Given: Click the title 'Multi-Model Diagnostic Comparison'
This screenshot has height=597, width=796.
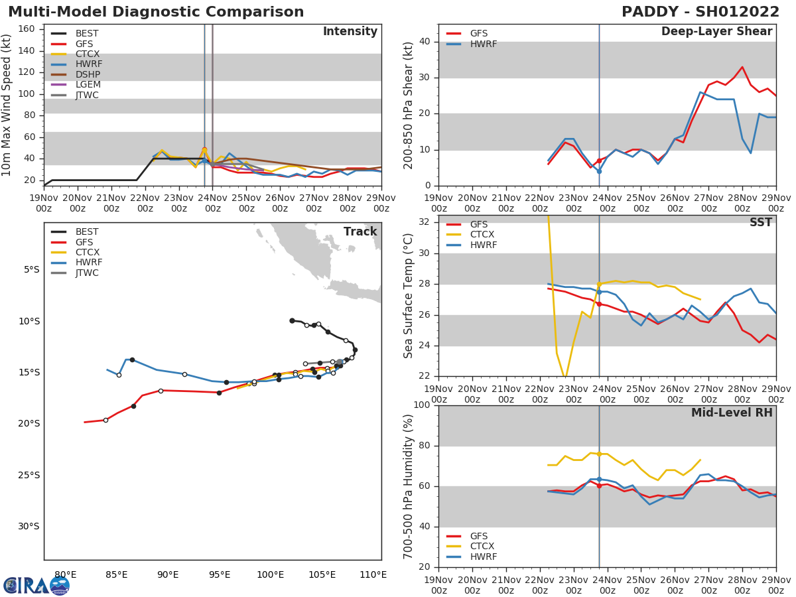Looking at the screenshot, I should coord(156,12).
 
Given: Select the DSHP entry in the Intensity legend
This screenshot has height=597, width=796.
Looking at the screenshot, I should coord(88,74).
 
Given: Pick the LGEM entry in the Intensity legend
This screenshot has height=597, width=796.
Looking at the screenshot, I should coord(88,85).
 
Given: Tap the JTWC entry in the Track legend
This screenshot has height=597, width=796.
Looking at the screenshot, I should coord(87,273).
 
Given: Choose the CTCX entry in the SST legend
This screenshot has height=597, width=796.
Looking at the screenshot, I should coord(482,235).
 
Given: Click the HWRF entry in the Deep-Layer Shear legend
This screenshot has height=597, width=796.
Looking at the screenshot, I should coord(483,44).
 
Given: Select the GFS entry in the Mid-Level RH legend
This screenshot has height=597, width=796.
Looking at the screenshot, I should coord(478,536).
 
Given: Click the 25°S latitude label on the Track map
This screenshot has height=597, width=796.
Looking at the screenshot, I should coord(29,475).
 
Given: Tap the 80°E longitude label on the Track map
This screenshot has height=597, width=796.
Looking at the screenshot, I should coord(65,574).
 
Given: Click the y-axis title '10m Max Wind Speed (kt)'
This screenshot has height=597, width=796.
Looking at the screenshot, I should coord(7,105).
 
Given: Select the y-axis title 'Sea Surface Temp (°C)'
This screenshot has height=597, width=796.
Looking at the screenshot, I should coord(409,297).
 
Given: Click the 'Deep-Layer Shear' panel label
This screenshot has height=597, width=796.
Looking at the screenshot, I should coord(716,32).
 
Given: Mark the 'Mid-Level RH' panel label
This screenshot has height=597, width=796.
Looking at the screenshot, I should coord(731,413).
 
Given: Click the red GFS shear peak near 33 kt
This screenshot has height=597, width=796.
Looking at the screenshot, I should coord(742,67).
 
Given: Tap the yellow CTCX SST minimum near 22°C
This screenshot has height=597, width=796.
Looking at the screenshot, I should coord(564,377).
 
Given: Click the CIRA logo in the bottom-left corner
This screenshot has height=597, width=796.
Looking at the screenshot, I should coord(36,585).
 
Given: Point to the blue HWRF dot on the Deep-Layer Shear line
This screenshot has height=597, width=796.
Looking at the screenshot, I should coord(599,171).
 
